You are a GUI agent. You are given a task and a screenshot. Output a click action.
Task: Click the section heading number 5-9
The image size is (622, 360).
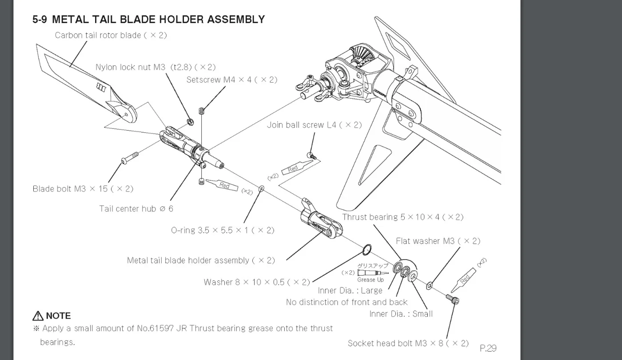[40, 20]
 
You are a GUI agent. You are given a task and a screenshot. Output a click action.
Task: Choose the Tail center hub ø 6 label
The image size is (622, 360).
[136, 208]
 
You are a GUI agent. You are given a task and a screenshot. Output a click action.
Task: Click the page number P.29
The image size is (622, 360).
[488, 348]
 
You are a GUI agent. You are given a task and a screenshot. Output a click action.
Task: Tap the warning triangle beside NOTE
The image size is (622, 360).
[38, 316]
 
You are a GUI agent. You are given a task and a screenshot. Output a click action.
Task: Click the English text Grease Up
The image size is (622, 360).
[371, 280]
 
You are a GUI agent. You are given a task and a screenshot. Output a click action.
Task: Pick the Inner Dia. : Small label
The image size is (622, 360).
[401, 314]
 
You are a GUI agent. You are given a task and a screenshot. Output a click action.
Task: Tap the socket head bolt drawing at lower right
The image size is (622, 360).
[452, 299]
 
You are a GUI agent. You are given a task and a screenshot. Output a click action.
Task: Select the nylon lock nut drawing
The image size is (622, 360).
[190, 122]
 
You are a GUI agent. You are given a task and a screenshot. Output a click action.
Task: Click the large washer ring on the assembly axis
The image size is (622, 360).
[367, 249]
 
